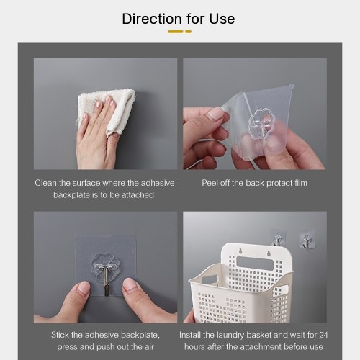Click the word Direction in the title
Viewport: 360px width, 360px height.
point(152,19)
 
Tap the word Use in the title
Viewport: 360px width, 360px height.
point(222,19)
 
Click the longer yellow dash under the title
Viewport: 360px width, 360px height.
point(176,32)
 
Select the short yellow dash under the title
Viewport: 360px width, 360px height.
point(189,32)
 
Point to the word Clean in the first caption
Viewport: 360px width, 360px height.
point(46,183)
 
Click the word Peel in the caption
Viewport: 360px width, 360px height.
point(210,183)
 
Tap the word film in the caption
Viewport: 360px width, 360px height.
point(301,183)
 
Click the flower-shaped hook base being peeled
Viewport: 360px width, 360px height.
point(259,124)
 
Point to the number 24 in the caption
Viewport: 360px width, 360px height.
point(323,335)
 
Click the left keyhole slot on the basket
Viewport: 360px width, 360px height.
point(240,251)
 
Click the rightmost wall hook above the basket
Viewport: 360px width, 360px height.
point(307,240)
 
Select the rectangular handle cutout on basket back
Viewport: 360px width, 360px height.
point(255,263)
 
